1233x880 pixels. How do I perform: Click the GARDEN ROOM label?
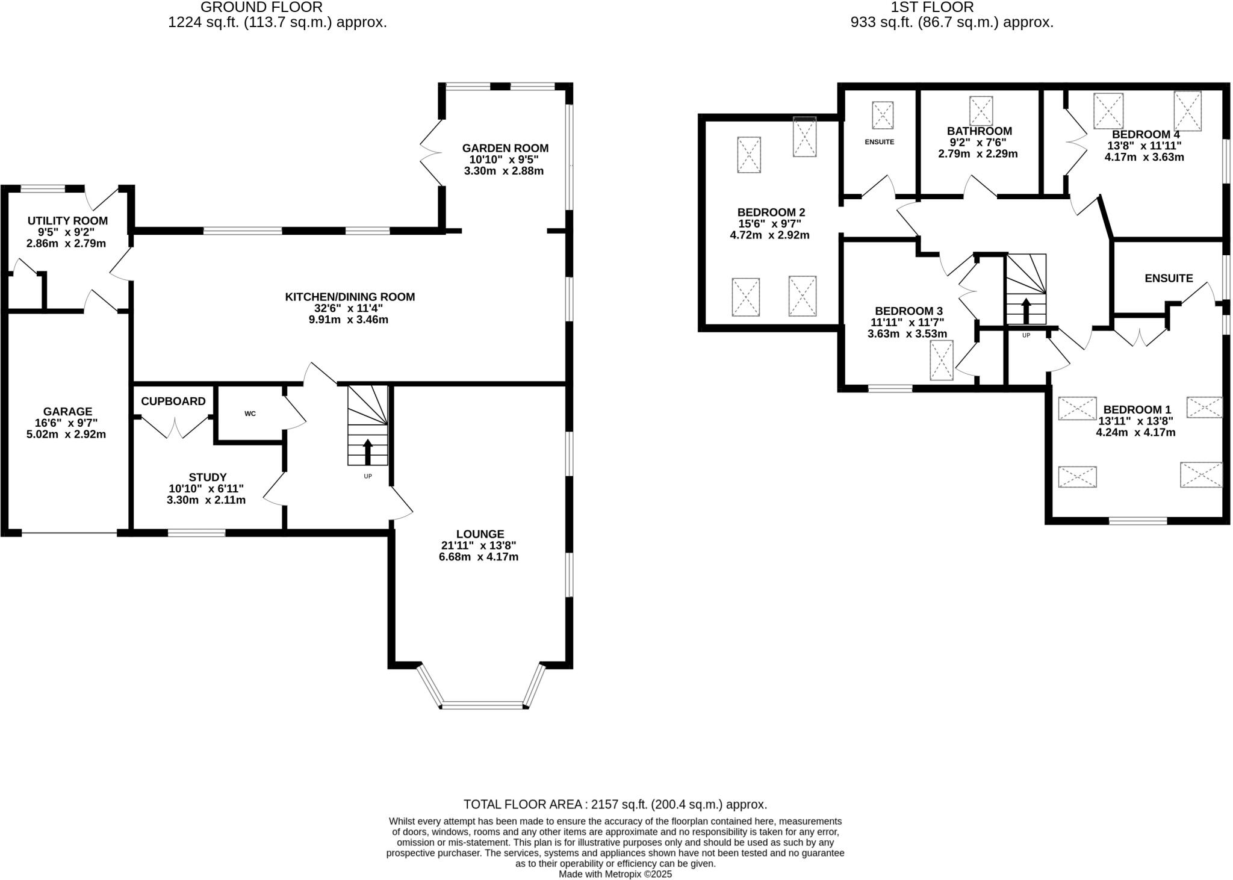pyautogui.click(x=505, y=148)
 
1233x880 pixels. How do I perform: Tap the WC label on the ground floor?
pyautogui.click(x=250, y=414)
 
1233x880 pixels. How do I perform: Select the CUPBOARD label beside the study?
pyautogui.click(x=173, y=401)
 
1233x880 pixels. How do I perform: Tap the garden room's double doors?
pyautogui.click(x=430, y=153)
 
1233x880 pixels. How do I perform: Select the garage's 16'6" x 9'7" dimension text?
pyautogui.click(x=66, y=423)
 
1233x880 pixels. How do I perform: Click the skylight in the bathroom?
pyautogui.click(x=981, y=111)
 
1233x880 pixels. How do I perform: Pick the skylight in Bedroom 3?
pyautogui.click(x=942, y=360)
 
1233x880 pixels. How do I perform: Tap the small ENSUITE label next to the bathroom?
pyautogui.click(x=879, y=142)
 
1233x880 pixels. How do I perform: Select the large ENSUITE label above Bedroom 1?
pyautogui.click(x=1168, y=278)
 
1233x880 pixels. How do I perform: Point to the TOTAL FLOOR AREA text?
pyautogui.click(x=615, y=804)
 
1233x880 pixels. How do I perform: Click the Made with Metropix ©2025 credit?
pyautogui.click(x=615, y=874)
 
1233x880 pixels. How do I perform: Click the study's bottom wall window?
pyautogui.click(x=196, y=533)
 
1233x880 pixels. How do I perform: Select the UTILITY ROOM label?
pyautogui.click(x=67, y=221)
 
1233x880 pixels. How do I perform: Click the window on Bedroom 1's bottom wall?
pyautogui.click(x=1137, y=521)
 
